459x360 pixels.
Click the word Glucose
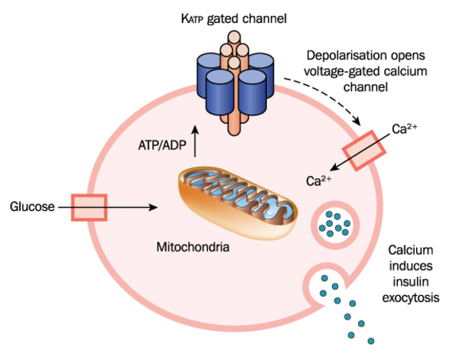tap(32, 206)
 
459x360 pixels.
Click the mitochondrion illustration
tap(237, 196)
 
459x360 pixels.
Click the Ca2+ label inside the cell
tap(318, 181)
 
